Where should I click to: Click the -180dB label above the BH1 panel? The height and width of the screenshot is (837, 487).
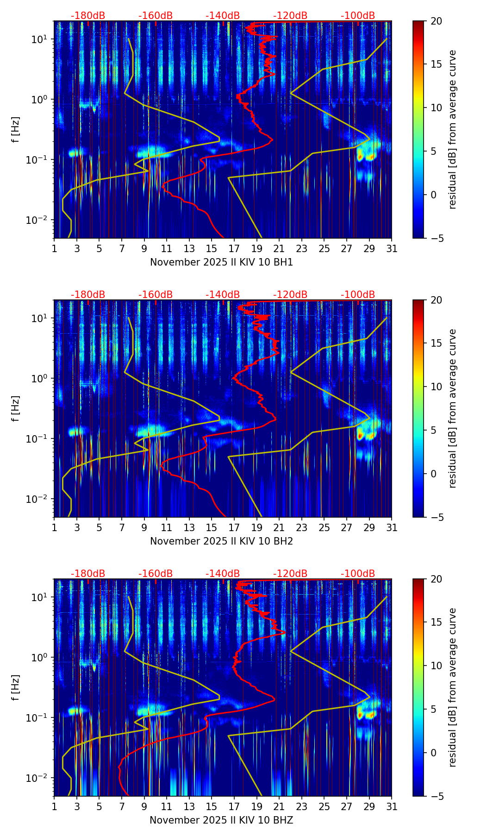coord(88,16)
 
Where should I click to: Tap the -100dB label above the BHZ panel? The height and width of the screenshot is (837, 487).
coord(358,574)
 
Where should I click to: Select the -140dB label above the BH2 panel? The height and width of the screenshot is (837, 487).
coord(223,295)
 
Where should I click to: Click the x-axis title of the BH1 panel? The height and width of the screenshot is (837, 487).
coord(221,262)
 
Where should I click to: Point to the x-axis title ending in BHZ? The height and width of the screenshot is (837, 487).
coord(221,820)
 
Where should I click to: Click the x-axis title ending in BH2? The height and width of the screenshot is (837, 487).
coord(221,541)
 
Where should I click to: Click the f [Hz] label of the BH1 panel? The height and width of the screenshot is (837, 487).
coord(16,130)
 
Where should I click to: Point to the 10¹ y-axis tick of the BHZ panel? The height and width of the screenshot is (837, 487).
coord(40,597)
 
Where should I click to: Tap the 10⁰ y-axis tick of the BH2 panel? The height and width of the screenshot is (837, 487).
coord(40,378)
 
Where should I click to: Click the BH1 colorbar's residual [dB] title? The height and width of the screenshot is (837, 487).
coord(453,130)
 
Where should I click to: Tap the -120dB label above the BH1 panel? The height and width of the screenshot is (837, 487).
coord(290,16)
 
